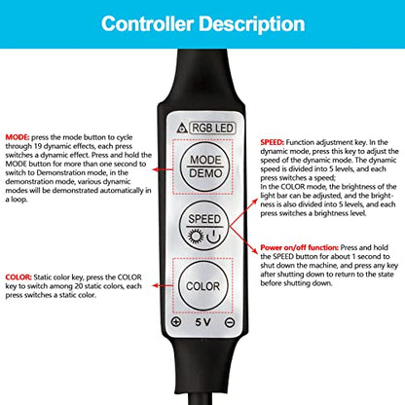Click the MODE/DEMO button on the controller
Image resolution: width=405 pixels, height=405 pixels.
(204, 166)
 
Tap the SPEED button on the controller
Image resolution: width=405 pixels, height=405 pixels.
(204, 225)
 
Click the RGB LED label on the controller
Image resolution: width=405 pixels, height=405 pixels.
(212, 128)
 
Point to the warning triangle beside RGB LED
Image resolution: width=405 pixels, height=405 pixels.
(182, 129)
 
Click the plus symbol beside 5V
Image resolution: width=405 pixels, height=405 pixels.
(176, 322)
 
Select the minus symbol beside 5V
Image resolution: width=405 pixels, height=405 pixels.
(230, 322)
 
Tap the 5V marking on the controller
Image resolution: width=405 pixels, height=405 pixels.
(202, 322)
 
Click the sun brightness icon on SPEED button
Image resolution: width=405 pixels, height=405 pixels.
(196, 237)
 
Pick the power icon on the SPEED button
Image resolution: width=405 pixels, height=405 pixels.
(214, 237)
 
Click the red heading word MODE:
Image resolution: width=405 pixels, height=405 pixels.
(18, 137)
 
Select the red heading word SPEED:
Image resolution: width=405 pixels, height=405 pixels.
(273, 142)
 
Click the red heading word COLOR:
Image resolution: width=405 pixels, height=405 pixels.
(18, 277)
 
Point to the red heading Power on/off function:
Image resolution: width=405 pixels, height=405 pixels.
(300, 247)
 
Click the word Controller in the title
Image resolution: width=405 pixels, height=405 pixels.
(147, 23)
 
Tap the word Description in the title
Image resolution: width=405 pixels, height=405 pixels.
(252, 24)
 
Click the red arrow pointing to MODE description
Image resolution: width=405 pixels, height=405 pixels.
(163, 169)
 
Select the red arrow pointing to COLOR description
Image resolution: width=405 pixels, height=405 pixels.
(163, 285)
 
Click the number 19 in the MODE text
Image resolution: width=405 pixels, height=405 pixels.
(38, 146)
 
